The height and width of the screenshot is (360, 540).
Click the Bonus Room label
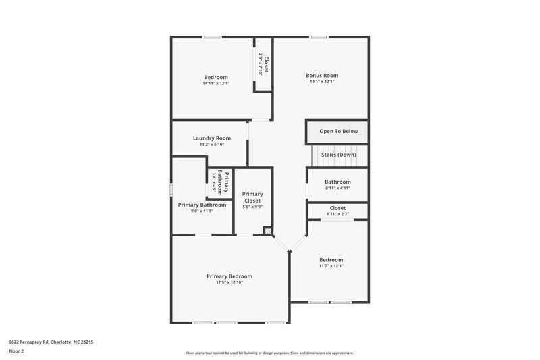tap(321, 75)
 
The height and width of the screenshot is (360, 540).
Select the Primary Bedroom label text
tap(229, 276)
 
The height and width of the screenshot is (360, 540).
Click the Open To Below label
tap(338, 131)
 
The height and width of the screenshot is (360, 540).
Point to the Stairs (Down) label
tap(338, 155)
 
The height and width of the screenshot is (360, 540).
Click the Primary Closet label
tap(252, 197)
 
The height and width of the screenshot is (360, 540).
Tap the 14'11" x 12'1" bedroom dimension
tap(215, 83)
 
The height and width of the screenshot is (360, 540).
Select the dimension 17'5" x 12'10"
tap(229, 282)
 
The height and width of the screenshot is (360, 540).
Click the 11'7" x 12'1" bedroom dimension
tap(331, 266)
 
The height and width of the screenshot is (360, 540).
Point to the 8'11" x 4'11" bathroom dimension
tap(337, 188)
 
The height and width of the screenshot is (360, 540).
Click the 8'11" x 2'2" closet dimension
tap(337, 214)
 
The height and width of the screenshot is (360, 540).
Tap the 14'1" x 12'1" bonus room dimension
tap(321, 82)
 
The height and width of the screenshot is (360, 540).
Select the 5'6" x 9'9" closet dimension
tap(252, 207)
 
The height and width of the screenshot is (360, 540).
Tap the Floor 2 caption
tap(16, 351)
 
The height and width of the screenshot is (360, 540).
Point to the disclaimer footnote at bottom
tap(269, 353)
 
